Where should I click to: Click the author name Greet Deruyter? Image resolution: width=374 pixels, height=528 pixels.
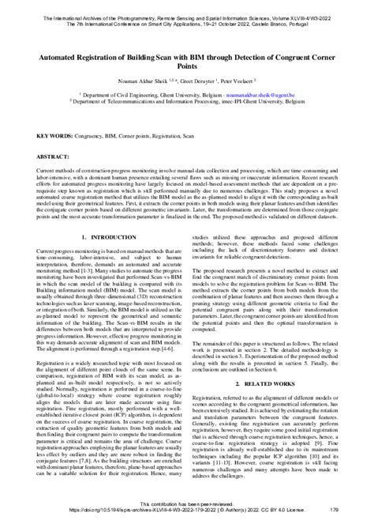196,70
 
